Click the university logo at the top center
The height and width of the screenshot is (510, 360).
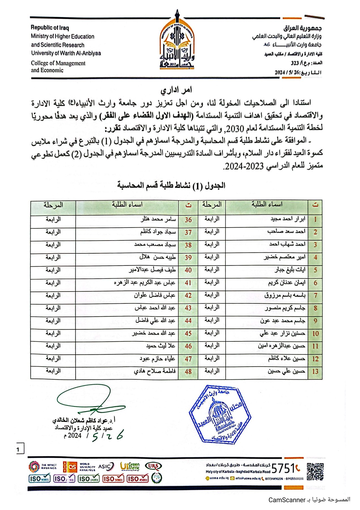(177, 41)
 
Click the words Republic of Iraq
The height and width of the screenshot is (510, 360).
(50, 28)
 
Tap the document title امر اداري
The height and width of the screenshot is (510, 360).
(176, 90)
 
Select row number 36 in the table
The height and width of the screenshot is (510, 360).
(188, 220)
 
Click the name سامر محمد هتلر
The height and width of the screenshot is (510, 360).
(158, 219)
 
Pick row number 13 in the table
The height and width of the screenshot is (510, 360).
(315, 371)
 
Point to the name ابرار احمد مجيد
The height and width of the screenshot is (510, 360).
(288, 219)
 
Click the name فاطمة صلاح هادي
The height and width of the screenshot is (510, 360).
(155, 371)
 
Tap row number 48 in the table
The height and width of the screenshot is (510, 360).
(188, 371)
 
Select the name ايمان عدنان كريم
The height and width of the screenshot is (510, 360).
(287, 283)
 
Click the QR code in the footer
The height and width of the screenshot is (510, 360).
(315, 472)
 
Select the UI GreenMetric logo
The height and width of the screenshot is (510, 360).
(130, 466)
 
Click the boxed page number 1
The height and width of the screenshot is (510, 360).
(18, 449)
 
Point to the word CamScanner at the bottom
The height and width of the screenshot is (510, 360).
(287, 500)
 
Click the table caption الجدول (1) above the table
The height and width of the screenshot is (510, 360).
(171, 186)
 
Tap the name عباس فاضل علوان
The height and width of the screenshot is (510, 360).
(155, 295)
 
